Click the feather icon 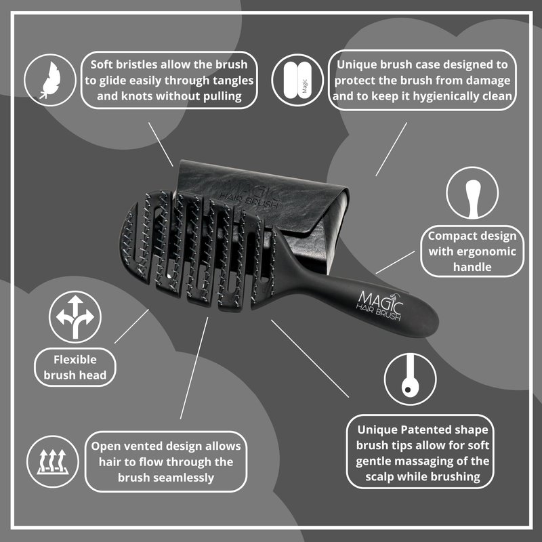coord(50,80)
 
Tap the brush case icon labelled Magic coord(297,80)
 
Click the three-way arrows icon coord(75,317)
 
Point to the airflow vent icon coord(53,461)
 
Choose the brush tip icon coord(411,379)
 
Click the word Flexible coord(75,360)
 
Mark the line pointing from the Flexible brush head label coord(131,327)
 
